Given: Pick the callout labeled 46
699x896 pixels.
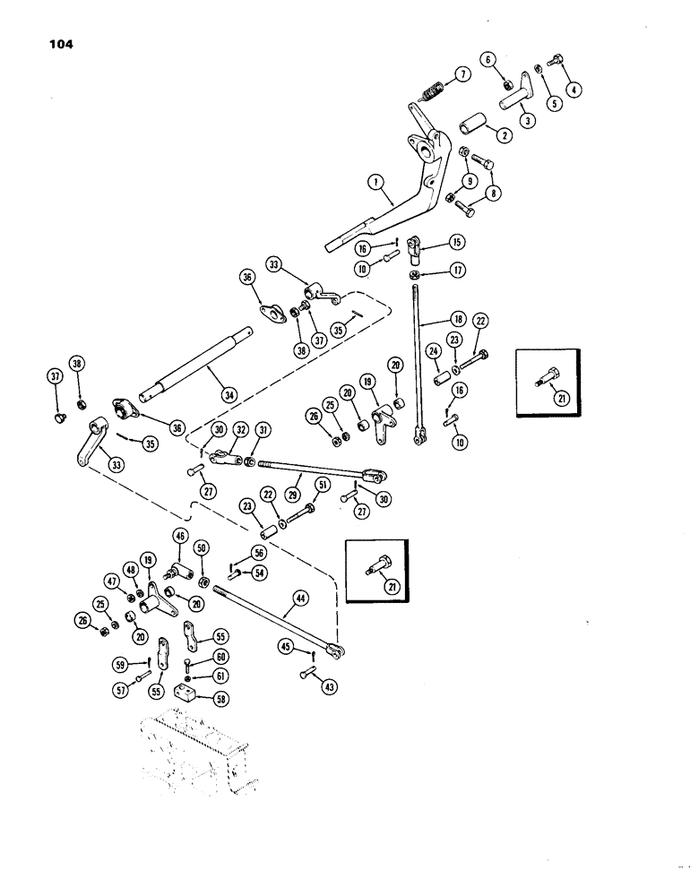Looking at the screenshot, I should coord(180,537).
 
